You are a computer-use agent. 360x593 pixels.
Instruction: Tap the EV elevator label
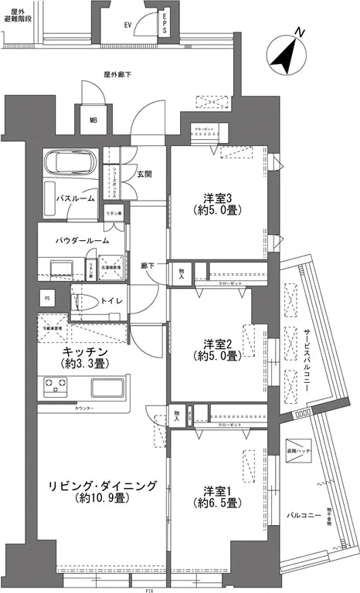pyautogui.click(x=127, y=25)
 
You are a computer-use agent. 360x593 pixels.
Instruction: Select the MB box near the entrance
pyautogui.click(x=93, y=120)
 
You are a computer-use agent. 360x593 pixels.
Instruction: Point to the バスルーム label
pyautogui.click(x=75, y=198)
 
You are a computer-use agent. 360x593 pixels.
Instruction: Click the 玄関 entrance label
pyautogui.click(x=144, y=174)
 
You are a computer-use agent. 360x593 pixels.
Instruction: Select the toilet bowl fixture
pyautogui.click(x=87, y=300)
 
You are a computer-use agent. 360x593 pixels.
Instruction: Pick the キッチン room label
pyautogui.click(x=85, y=351)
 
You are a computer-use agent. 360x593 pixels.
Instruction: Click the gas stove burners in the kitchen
pyautogui.click(x=55, y=386)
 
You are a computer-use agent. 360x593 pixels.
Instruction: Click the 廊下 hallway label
pyautogui.click(x=147, y=266)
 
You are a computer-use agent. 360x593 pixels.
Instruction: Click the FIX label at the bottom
pyautogui.click(x=148, y=589)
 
